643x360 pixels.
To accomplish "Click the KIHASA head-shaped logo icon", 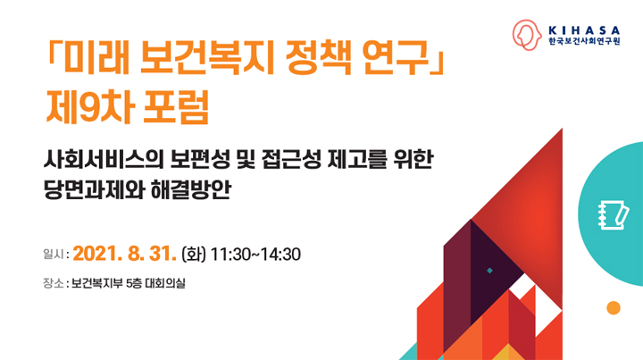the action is click(x=527, y=35).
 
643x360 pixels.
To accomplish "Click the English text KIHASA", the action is click(x=584, y=30).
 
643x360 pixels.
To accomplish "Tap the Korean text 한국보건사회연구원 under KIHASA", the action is click(x=584, y=41).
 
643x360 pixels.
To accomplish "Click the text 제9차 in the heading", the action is click(x=90, y=107).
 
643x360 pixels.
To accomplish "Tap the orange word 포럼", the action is click(x=176, y=107).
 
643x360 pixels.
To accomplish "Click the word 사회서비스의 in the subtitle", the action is click(x=104, y=160).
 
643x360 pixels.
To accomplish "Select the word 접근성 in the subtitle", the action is click(x=291, y=160).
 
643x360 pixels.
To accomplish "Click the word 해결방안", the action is click(x=191, y=190).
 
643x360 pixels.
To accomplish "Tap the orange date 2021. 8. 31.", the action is click(x=125, y=254).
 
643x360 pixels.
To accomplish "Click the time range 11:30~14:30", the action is click(x=255, y=255).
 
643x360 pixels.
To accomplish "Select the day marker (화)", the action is click(x=194, y=255).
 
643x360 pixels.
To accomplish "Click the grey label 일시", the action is click(x=54, y=255).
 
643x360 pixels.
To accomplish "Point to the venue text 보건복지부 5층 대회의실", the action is click(x=129, y=283).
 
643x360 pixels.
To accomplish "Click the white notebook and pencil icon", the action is click(x=613, y=215).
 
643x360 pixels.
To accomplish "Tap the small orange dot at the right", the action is click(x=614, y=308).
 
